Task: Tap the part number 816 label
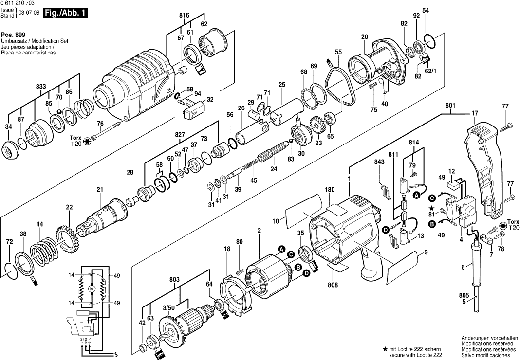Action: click(x=184, y=16)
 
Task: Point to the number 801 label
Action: click(x=450, y=106)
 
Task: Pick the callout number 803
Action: click(x=175, y=280)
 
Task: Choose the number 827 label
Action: click(x=181, y=134)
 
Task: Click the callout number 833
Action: click(x=41, y=87)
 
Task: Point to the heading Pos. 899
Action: click(x=13, y=36)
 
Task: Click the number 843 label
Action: click(x=379, y=162)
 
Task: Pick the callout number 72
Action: click(x=9, y=242)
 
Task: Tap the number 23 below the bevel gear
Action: click(x=318, y=143)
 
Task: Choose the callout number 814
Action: click(x=413, y=142)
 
